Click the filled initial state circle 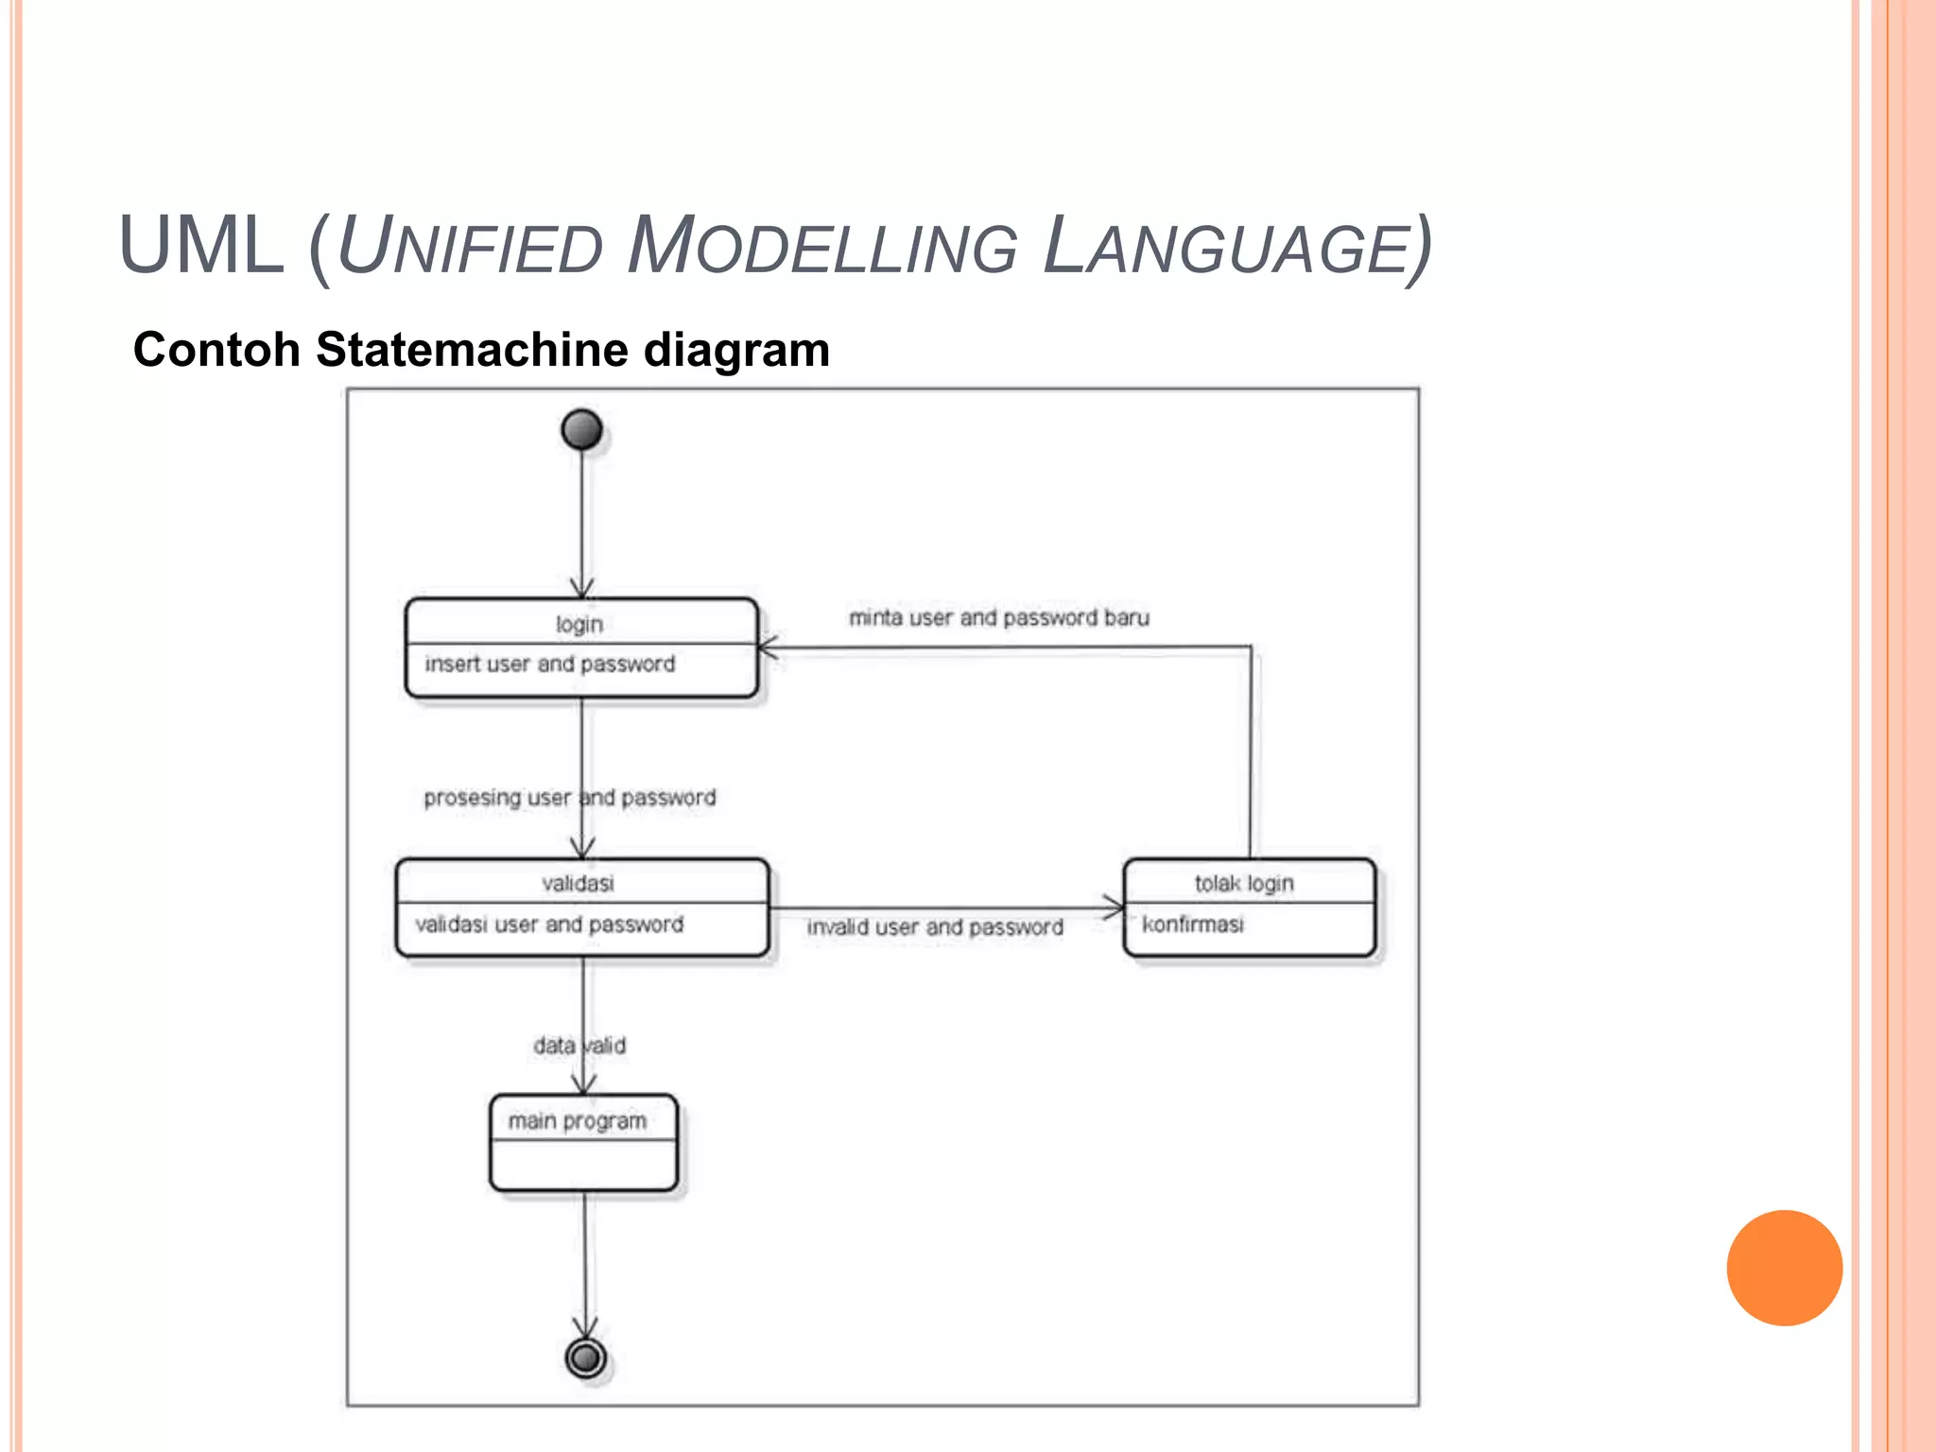coord(581,429)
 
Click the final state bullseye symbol coord(586,1358)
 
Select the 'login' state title coord(579,624)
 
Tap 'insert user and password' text coord(550,664)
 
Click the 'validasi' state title coord(578,883)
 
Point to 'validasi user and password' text coord(549,924)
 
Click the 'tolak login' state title coord(1244,883)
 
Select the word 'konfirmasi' coord(1193,924)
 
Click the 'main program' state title coord(578,1121)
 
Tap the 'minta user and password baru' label coord(999,617)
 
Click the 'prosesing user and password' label coord(569,798)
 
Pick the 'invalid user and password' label coord(935,927)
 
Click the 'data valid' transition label coord(579,1046)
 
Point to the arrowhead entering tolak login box coord(1115,907)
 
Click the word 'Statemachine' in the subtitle coord(473,350)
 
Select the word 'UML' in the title coord(201,246)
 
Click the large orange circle coord(1784,1268)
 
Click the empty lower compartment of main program coord(583,1165)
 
